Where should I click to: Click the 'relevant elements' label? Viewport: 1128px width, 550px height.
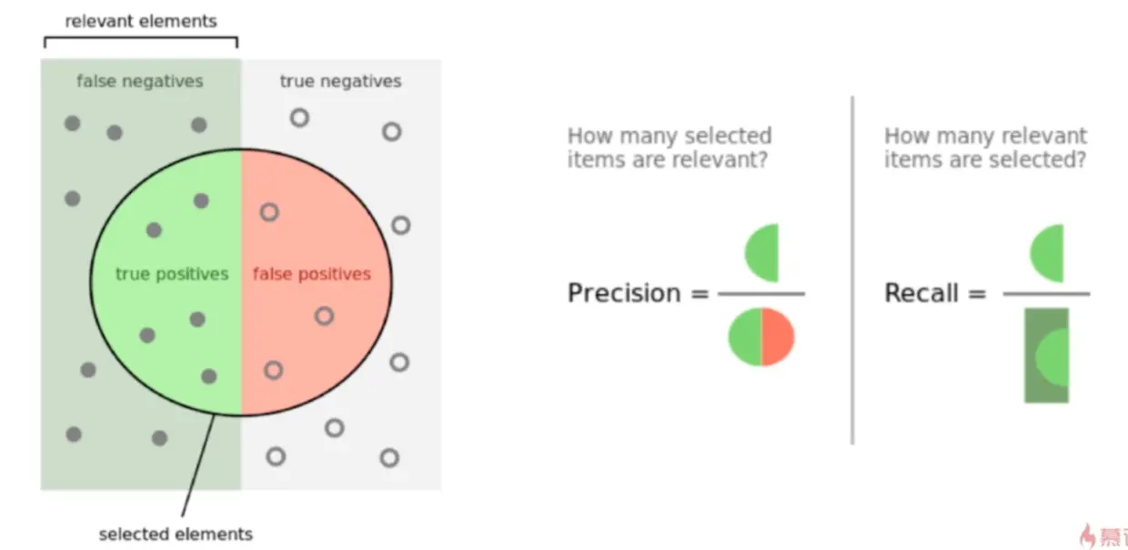(141, 21)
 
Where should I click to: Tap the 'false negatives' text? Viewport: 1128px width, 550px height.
(140, 81)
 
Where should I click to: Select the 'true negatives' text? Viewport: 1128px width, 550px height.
(341, 81)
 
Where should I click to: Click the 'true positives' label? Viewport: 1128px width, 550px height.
(172, 274)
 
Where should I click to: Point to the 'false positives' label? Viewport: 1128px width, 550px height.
(312, 274)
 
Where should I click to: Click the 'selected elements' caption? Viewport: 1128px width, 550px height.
(176, 534)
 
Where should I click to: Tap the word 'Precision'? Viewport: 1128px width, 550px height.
(624, 293)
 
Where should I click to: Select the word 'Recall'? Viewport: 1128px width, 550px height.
(922, 293)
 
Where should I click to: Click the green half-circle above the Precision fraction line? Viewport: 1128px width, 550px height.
(762, 252)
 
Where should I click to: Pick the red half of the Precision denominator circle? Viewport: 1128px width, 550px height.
(778, 337)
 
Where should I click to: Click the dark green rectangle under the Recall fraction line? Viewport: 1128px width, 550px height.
(1046, 355)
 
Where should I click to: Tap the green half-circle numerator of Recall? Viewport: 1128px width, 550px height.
(1047, 253)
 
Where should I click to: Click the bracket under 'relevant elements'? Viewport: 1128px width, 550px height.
(141, 37)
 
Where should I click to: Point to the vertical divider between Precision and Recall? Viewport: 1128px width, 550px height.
(852, 270)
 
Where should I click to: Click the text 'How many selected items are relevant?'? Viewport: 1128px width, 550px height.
(670, 148)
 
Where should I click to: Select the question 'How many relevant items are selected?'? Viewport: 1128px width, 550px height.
(985, 148)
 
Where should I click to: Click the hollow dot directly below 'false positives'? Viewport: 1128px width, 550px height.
(324, 316)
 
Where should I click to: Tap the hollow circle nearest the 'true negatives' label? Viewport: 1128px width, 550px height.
(299, 118)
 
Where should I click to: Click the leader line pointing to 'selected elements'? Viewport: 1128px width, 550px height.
(198, 465)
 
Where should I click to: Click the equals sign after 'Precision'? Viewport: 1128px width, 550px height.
(700, 293)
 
